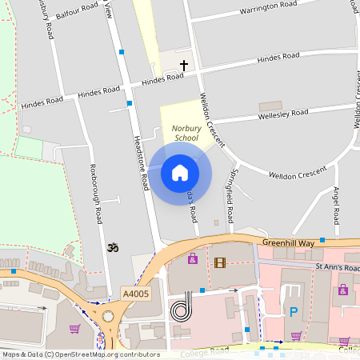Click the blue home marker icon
point(180,172)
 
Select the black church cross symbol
point(184,65)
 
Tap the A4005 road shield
point(135,294)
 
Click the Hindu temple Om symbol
point(113,250)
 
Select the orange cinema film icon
point(220,262)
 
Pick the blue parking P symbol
point(293,311)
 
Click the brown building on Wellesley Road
point(270,106)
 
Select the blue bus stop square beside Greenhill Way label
point(322,240)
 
